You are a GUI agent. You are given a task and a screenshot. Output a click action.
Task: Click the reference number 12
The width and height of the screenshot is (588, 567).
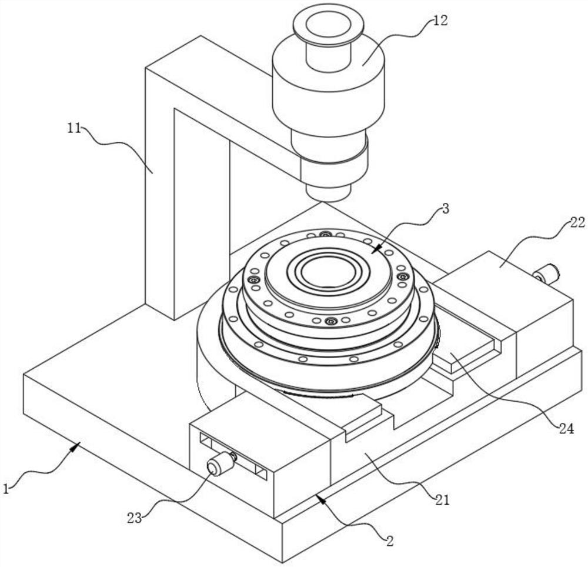tap(440, 21)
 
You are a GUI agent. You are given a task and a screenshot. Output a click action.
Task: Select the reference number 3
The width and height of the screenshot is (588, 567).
tap(445, 209)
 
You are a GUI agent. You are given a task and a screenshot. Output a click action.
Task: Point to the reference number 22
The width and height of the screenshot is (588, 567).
tap(577, 223)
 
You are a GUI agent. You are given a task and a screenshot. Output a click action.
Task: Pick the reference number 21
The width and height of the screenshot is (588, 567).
tap(442, 499)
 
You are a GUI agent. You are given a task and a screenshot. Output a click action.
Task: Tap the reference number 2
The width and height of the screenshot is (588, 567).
tap(390, 541)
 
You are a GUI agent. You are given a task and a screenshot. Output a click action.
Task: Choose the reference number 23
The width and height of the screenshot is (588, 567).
tap(135, 518)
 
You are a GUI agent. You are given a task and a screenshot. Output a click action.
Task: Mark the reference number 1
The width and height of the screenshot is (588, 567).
tap(6, 489)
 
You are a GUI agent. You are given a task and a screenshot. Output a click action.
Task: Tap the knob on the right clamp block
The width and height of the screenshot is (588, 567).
tap(547, 274)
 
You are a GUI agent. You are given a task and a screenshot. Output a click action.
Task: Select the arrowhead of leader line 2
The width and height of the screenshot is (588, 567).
tap(319, 497)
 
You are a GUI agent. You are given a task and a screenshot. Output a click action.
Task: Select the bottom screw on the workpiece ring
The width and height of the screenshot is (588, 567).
tap(330, 321)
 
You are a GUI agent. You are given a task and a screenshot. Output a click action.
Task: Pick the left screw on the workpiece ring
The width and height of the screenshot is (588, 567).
tap(254, 280)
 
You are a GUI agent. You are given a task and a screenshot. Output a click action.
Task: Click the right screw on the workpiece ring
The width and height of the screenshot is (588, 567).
tap(403, 277)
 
